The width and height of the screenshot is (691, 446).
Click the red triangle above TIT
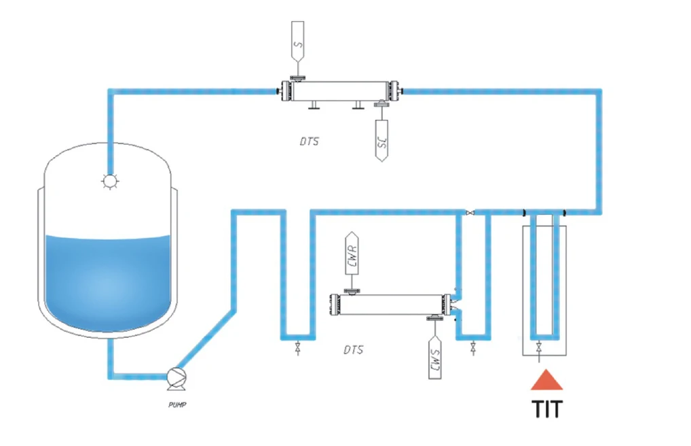(x=546, y=380)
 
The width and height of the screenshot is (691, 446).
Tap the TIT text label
(x=547, y=409)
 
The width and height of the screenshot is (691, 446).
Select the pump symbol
(x=176, y=379)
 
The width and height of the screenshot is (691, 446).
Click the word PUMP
(x=177, y=405)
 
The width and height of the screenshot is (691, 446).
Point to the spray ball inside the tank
(x=110, y=181)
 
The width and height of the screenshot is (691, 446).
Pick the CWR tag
(x=352, y=253)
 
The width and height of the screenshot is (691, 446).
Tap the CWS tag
(x=435, y=357)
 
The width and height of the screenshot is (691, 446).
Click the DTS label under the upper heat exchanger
(x=310, y=141)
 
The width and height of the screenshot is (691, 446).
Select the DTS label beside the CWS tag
(x=354, y=349)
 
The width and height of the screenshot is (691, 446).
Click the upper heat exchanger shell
(x=340, y=91)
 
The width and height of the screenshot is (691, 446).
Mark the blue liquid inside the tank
(x=108, y=283)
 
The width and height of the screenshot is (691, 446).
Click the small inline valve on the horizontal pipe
(x=470, y=213)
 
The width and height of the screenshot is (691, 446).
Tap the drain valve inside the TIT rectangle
(x=538, y=347)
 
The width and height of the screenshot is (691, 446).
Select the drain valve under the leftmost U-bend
(x=298, y=348)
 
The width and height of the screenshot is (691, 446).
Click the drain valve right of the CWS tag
(x=473, y=348)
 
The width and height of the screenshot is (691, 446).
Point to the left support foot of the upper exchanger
(x=314, y=105)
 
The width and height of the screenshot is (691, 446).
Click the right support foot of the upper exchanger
(x=358, y=105)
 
